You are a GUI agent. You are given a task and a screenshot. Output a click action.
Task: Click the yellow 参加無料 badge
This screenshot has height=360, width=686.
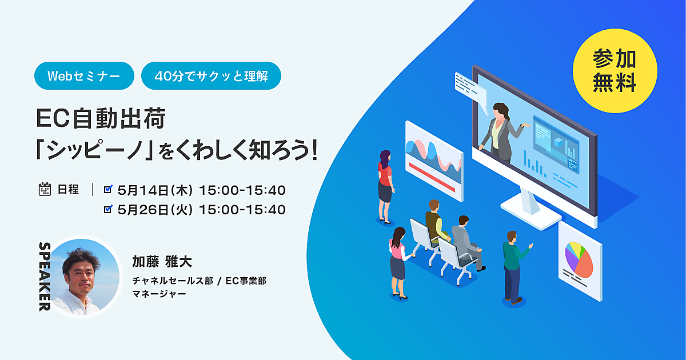point(615,71)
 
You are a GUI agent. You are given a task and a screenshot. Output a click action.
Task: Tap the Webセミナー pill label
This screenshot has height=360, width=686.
point(84,75)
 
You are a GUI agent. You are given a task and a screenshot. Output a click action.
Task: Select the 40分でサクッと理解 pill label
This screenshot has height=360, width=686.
point(211,75)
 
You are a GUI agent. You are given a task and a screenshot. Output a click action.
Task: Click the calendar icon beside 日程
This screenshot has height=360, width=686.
point(45,189)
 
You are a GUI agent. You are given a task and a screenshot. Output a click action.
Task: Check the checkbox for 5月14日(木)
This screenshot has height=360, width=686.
point(108,189)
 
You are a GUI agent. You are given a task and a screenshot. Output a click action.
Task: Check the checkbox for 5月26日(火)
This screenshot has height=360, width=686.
point(108,209)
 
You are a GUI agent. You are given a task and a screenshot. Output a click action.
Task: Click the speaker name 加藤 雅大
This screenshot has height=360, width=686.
point(162,262)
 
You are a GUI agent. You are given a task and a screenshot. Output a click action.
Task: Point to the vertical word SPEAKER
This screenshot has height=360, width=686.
point(45,277)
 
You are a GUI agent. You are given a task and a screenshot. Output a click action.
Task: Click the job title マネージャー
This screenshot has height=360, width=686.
point(159,294)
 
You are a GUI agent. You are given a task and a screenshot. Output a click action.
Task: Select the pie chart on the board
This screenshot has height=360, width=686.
point(579,259)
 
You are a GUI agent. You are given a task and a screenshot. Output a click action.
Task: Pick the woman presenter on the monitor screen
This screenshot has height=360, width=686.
point(502,132)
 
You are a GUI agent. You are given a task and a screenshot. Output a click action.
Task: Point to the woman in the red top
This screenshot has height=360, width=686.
point(385,186)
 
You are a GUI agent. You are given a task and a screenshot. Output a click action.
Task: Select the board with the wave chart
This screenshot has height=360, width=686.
point(434,161)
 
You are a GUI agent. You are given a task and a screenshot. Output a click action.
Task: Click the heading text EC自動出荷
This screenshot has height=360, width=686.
point(101,118)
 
